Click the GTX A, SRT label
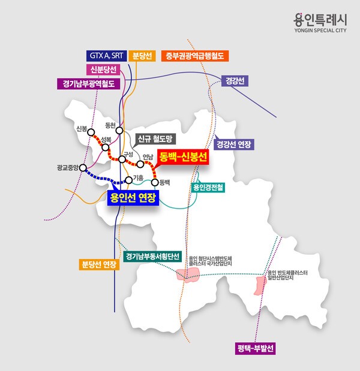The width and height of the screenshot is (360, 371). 106,56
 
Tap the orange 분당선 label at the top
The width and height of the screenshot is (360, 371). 142,56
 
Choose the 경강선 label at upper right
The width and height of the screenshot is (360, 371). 235,80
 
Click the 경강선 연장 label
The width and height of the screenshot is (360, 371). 235,144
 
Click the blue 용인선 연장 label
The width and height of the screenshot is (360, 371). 133,198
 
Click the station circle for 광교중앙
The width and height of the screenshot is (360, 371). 83,168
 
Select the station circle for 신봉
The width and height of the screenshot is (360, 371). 92,135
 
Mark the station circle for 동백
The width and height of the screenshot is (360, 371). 155,182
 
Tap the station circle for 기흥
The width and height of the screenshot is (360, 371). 128,179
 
